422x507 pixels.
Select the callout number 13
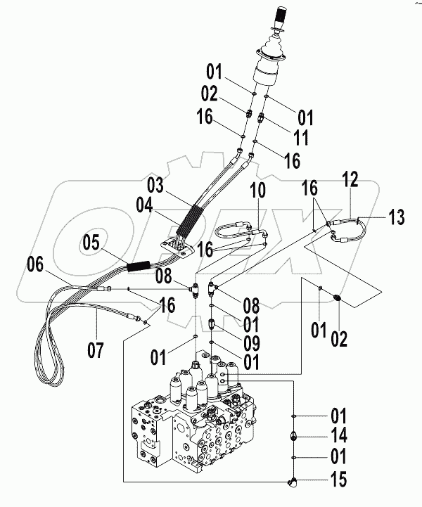point(397,217)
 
